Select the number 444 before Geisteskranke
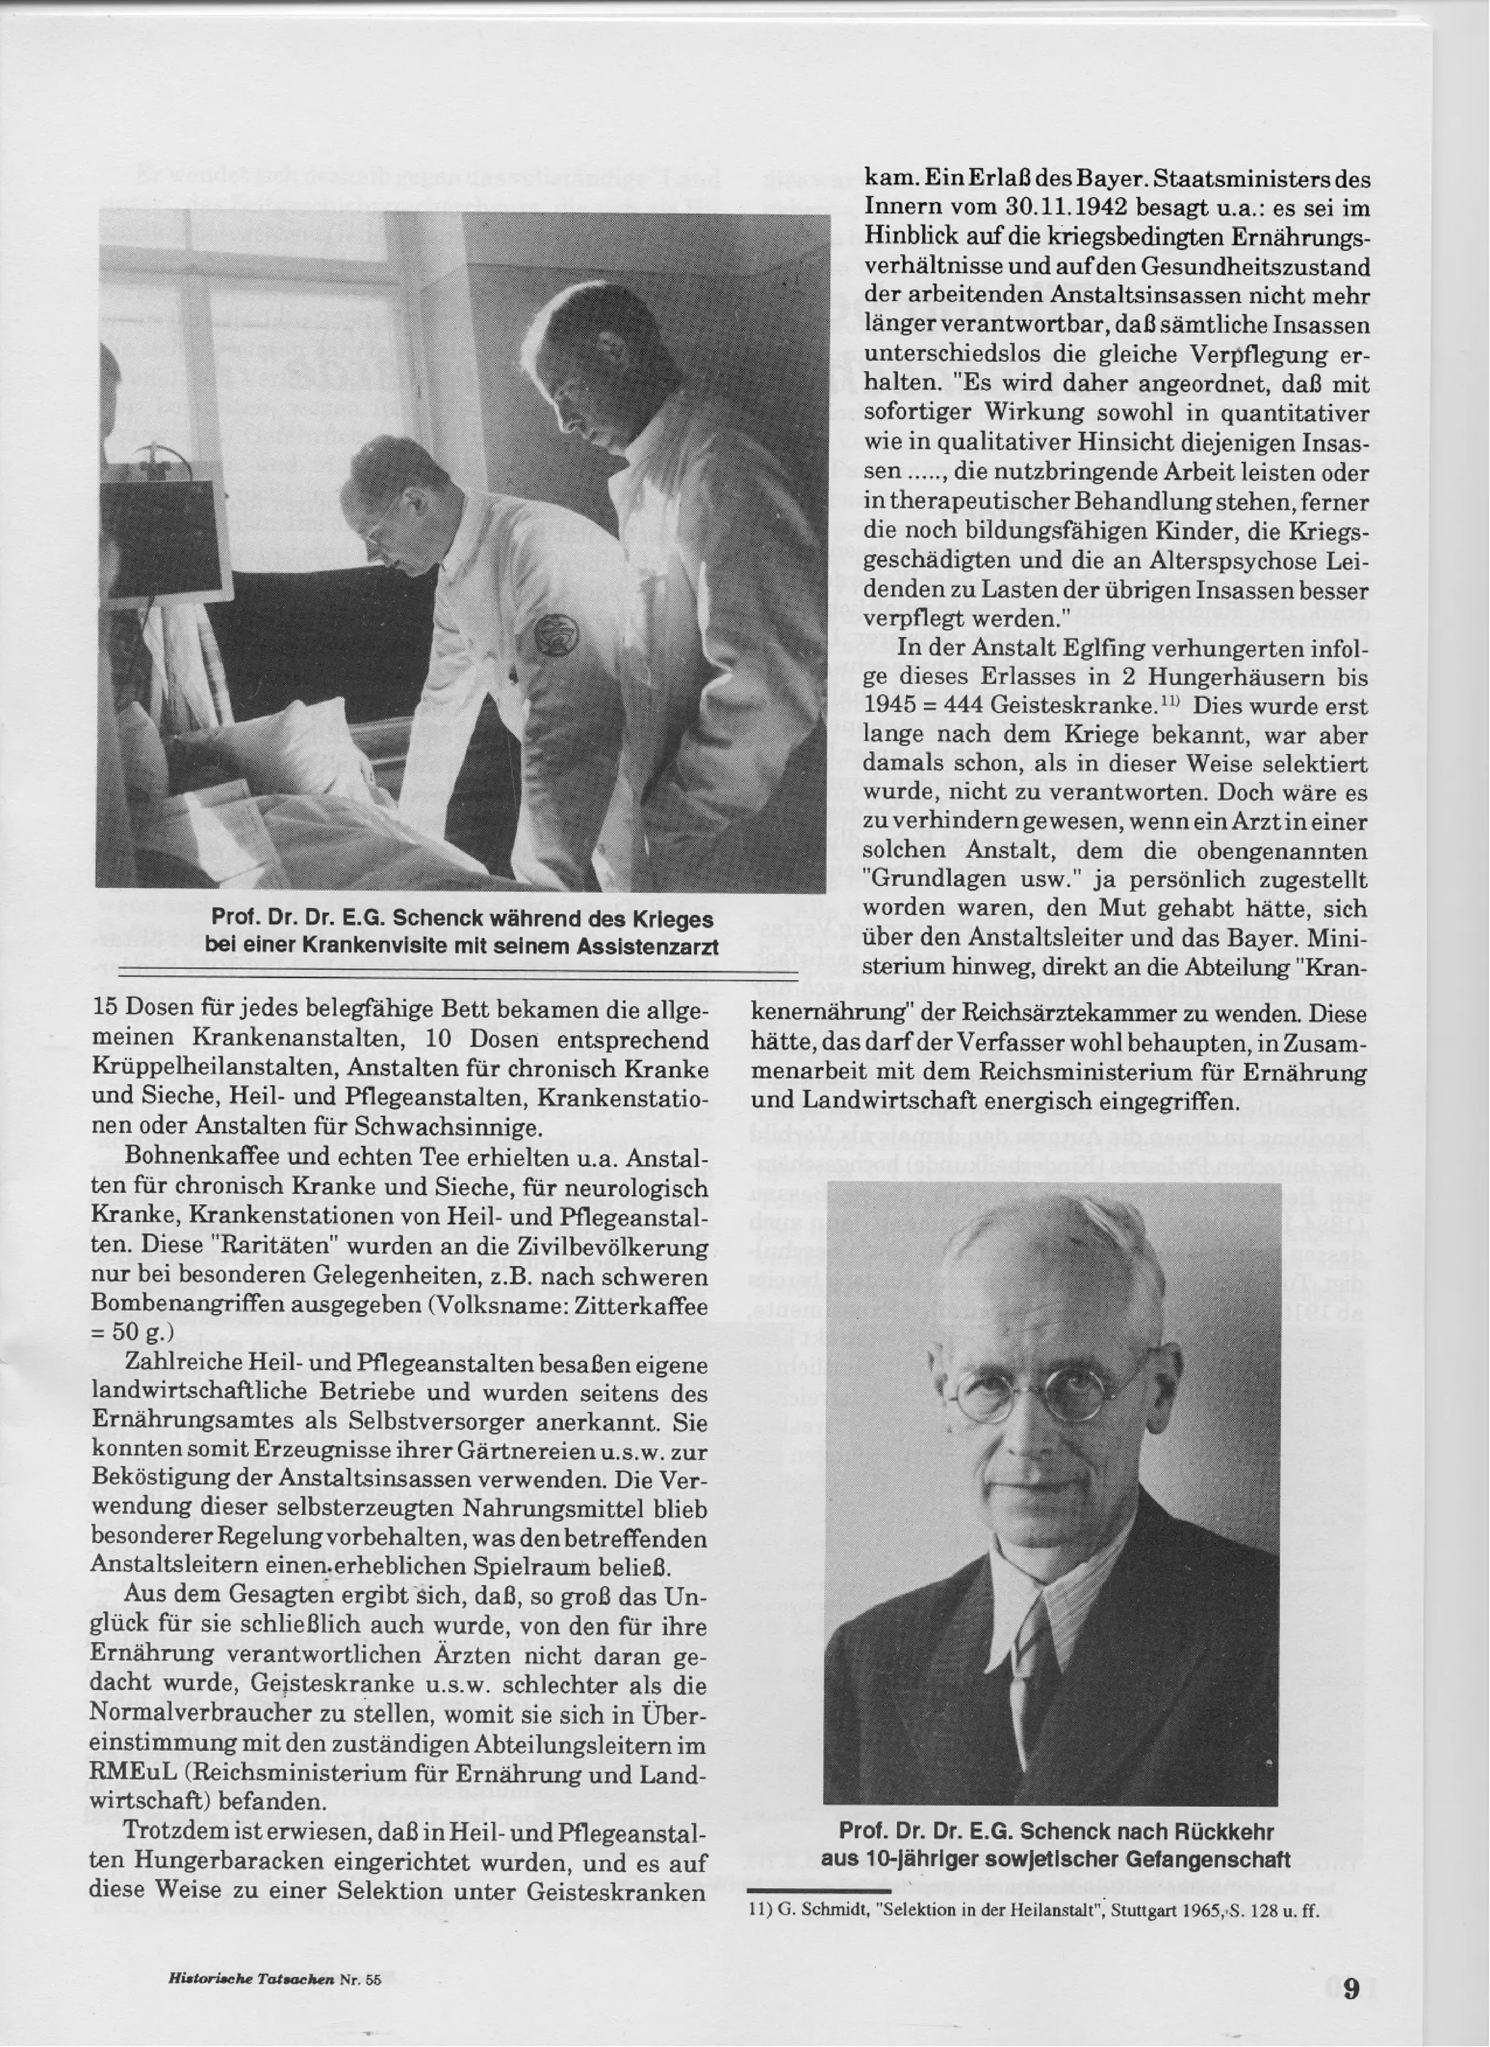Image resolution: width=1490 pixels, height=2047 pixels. (947, 705)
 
